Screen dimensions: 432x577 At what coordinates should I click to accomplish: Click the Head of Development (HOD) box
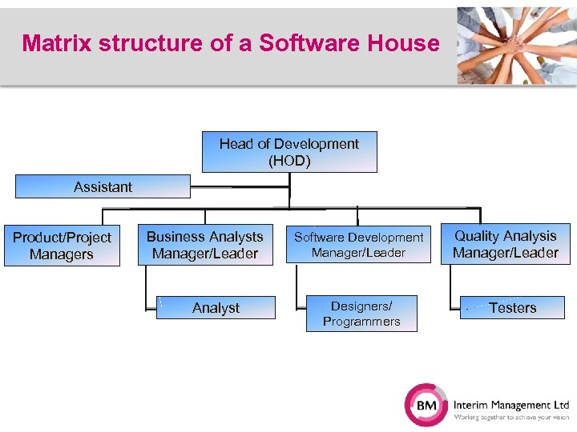(x=289, y=152)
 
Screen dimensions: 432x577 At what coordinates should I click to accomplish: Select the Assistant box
(x=103, y=186)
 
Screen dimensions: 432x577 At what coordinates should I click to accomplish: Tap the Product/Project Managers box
(x=62, y=246)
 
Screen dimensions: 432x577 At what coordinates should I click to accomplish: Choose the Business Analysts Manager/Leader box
(x=204, y=245)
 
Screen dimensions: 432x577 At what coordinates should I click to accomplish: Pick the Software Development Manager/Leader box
(x=358, y=245)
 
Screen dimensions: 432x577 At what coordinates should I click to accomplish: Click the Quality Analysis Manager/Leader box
(x=505, y=244)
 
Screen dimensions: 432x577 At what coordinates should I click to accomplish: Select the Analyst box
(x=216, y=308)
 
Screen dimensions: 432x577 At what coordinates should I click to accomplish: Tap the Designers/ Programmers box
(x=361, y=314)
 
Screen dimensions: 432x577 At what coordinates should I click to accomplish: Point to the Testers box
(x=512, y=307)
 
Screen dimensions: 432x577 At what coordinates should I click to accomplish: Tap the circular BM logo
(x=426, y=406)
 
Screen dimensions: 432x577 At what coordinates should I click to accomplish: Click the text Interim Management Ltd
(x=510, y=405)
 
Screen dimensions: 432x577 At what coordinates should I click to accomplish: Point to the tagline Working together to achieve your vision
(x=510, y=418)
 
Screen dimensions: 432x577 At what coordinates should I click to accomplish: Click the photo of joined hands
(x=516, y=45)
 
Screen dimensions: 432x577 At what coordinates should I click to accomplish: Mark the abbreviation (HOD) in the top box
(x=289, y=160)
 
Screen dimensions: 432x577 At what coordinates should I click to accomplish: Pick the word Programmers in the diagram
(x=361, y=322)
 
